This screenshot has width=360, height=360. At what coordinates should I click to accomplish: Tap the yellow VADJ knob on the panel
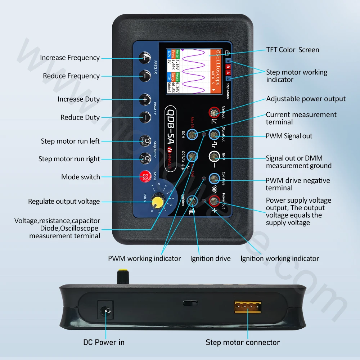(157, 202)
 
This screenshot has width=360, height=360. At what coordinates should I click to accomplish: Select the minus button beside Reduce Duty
(145, 117)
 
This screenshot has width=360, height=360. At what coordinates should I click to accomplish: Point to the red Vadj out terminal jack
(214, 112)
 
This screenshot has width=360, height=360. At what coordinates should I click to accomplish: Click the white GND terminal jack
(214, 157)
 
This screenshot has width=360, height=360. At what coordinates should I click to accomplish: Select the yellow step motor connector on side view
(248, 307)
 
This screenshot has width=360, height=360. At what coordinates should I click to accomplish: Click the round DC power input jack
(106, 310)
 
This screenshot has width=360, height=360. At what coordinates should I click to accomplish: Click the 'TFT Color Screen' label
(292, 50)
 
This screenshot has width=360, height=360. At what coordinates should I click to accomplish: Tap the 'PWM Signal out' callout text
(289, 136)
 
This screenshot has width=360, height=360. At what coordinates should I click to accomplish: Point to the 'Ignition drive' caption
(210, 258)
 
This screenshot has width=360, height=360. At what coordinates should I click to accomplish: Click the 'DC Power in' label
(104, 342)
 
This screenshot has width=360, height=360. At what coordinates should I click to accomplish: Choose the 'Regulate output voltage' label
(64, 202)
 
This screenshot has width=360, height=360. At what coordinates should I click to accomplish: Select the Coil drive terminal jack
(214, 178)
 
